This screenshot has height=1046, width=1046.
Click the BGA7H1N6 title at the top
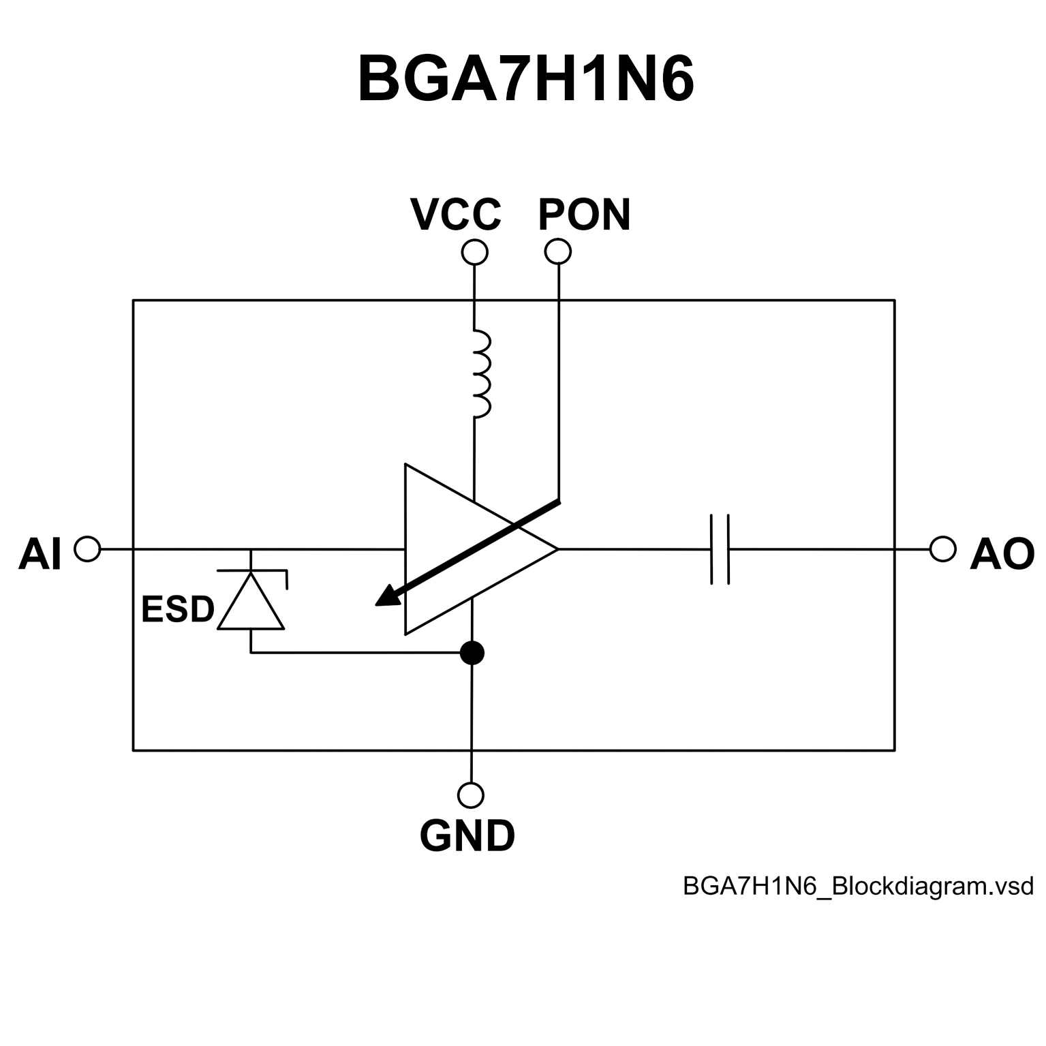(525, 80)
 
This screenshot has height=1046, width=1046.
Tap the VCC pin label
(455, 215)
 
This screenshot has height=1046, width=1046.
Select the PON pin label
(584, 215)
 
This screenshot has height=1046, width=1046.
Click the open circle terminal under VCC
(474, 252)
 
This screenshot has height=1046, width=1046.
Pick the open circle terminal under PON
(558, 251)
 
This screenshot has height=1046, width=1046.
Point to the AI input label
(40, 554)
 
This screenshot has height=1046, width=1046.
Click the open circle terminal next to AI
(87, 549)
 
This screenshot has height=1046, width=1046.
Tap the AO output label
(1002, 554)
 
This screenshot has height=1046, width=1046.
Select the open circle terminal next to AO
(942, 549)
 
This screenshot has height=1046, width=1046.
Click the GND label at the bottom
(467, 836)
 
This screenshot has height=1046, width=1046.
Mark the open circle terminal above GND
(471, 795)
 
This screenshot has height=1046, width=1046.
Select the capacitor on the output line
(720, 549)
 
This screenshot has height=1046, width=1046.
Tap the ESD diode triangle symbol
(251, 602)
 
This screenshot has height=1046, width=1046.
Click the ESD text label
(177, 609)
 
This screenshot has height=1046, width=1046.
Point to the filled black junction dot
(472, 653)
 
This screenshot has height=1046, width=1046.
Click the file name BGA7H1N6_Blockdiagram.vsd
(858, 887)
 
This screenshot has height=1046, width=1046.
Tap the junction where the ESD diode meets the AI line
(251, 549)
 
